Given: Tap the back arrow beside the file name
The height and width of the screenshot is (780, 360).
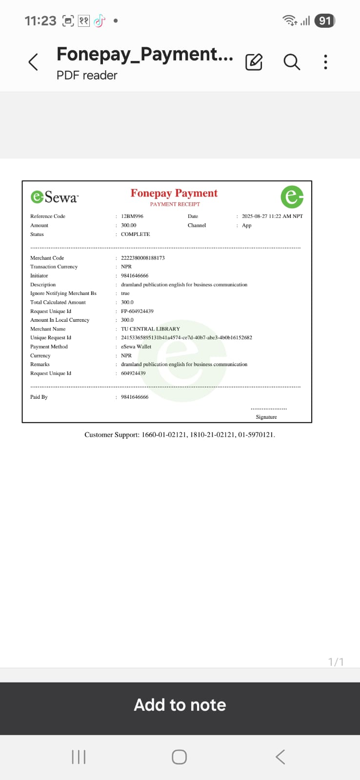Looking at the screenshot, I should [33, 62].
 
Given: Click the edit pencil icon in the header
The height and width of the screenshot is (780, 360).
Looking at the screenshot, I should [254, 62].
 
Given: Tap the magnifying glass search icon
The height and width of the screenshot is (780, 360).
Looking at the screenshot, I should [292, 62].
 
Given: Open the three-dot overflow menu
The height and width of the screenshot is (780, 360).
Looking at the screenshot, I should [325, 62].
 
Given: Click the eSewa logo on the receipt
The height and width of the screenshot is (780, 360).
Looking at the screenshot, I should [54, 196].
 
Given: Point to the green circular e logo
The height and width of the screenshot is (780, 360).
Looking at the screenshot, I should [292, 196].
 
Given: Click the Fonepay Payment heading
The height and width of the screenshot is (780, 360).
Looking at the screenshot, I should [174, 194].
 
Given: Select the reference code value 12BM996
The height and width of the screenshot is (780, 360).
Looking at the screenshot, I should [132, 216].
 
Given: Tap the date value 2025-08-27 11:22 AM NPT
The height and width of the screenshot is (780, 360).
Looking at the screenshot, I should [272, 216].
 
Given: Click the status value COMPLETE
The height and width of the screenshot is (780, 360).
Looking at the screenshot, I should [135, 234].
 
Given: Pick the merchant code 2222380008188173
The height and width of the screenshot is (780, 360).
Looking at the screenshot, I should [143, 258].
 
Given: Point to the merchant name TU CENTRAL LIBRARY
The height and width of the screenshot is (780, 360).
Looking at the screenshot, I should [150, 329].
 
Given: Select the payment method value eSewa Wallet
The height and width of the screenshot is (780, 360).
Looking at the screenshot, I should [136, 347].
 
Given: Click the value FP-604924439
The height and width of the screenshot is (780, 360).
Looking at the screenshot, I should [137, 311].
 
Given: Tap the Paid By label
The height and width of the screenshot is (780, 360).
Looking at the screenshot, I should [39, 397].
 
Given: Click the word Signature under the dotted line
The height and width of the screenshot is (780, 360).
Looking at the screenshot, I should [266, 417].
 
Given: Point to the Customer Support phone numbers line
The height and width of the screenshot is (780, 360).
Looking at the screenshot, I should [180, 434].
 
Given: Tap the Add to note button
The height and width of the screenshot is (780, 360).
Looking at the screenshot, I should [180, 705].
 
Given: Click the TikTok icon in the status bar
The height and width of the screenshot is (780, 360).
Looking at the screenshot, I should [100, 20].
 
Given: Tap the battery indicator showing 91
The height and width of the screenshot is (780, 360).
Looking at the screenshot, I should [325, 20].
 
